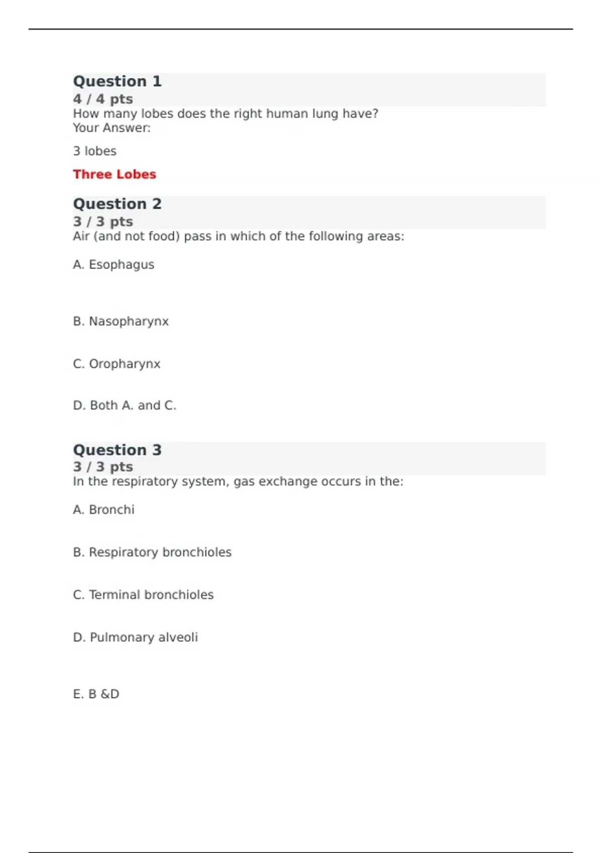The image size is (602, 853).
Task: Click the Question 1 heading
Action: [117, 81]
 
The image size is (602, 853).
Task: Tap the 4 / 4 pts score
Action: [103, 99]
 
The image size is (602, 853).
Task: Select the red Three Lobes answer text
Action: [114, 174]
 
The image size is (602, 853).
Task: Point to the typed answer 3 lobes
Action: [95, 151]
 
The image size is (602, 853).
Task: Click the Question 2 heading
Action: [117, 204]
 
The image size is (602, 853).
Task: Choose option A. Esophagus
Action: [113, 264]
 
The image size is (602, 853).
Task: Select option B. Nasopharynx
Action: [121, 321]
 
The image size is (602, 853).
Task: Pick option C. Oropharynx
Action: [116, 364]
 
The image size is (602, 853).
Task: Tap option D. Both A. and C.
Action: [124, 405]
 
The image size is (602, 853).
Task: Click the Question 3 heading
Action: [117, 450]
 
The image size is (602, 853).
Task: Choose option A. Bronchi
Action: [104, 510]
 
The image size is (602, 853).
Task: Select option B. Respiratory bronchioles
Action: [152, 552]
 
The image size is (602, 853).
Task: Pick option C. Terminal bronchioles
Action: [143, 595]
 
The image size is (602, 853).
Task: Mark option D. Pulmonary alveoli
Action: [135, 637]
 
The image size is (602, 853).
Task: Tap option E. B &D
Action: [96, 694]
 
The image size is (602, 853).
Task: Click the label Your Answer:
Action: [111, 128]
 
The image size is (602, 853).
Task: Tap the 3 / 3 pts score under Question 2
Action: [103, 221]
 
